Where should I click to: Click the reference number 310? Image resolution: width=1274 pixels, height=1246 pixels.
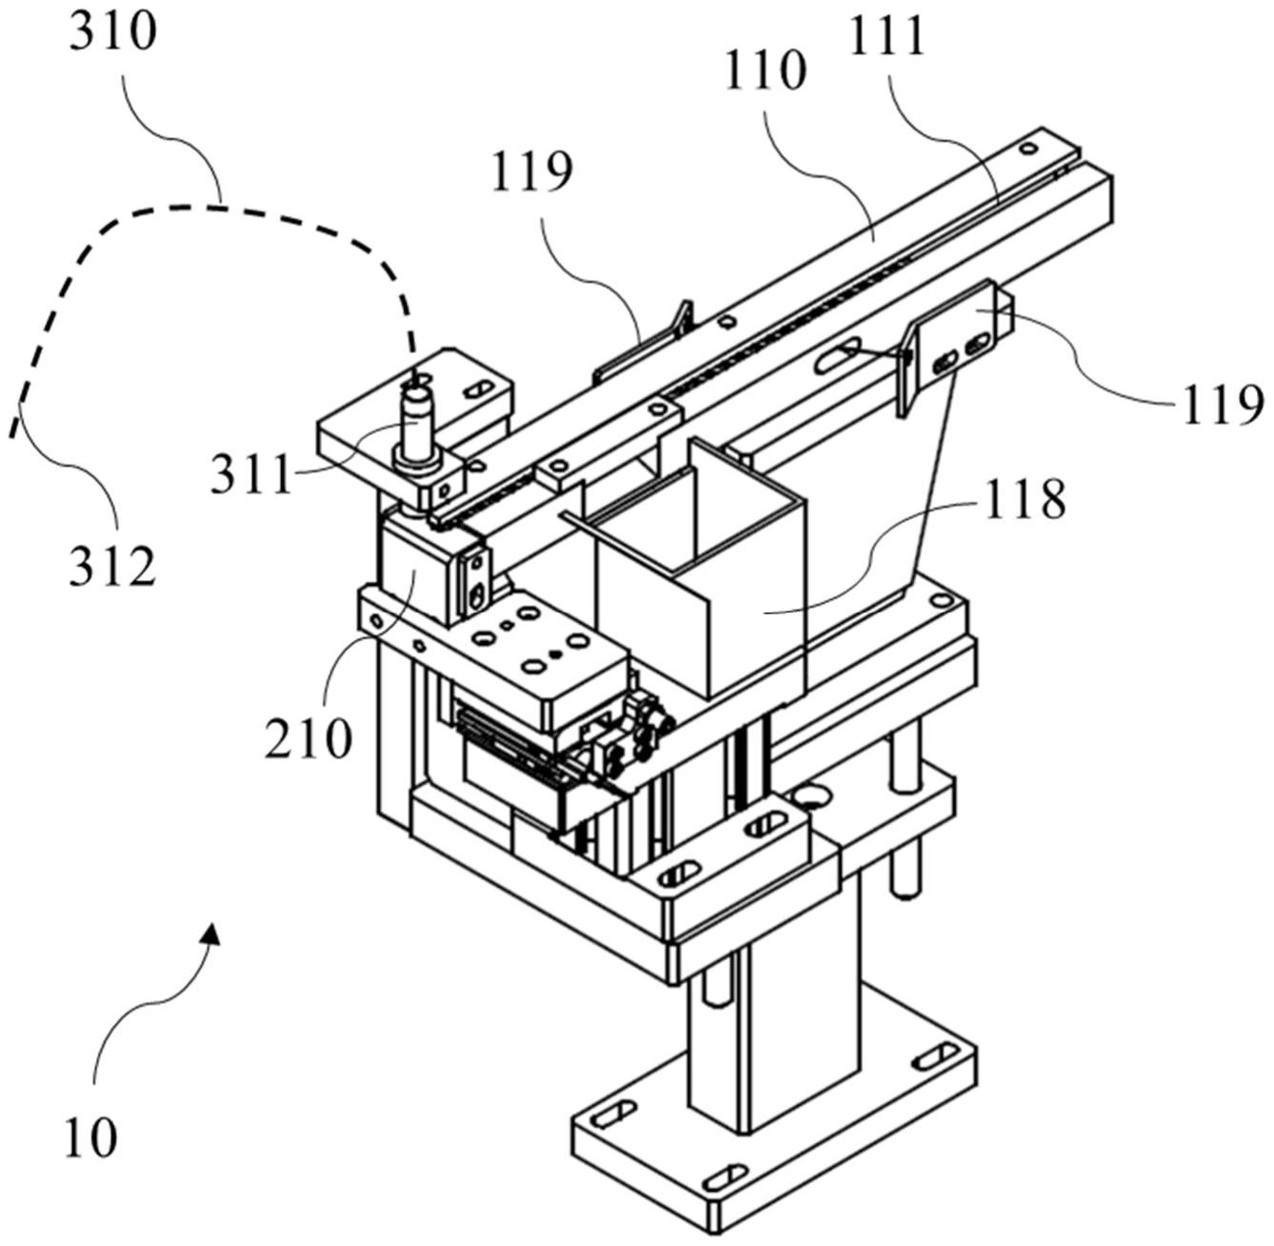coord(113,32)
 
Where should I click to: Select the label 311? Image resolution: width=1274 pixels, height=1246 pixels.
coord(250,473)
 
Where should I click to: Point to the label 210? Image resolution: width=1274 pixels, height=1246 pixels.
coord(309,737)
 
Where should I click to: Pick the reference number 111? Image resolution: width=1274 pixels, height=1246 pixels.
coord(887,36)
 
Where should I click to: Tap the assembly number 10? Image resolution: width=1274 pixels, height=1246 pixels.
coord(91,1137)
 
